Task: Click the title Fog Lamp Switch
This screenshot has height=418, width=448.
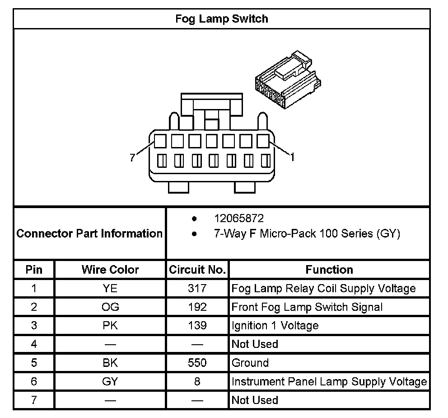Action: click(x=221, y=19)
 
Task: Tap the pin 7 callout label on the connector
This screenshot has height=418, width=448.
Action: click(x=132, y=157)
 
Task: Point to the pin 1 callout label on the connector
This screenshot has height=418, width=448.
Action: click(x=292, y=157)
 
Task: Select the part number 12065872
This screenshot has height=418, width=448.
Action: click(x=239, y=219)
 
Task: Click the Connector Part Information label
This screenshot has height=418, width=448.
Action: click(x=89, y=233)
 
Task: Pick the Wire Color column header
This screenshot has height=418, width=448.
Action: click(x=110, y=270)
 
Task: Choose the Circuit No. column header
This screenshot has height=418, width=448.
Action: click(x=197, y=270)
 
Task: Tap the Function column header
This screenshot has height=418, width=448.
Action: click(x=329, y=270)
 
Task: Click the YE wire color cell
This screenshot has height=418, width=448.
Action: click(x=110, y=288)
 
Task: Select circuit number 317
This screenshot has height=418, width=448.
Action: click(x=197, y=288)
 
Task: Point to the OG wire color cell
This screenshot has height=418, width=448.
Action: click(x=110, y=307)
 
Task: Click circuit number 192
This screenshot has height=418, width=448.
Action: click(x=197, y=307)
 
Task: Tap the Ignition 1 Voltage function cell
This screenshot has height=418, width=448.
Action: click(x=275, y=326)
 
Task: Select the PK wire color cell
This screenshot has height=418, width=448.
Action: click(x=110, y=326)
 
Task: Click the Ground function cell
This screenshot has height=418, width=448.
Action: click(x=250, y=363)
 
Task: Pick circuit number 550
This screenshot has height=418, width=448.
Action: click(x=197, y=363)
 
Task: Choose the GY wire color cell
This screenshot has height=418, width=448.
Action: click(x=110, y=381)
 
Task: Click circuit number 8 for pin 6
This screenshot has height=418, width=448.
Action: click(x=197, y=381)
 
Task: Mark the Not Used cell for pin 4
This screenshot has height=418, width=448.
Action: click(x=255, y=344)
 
